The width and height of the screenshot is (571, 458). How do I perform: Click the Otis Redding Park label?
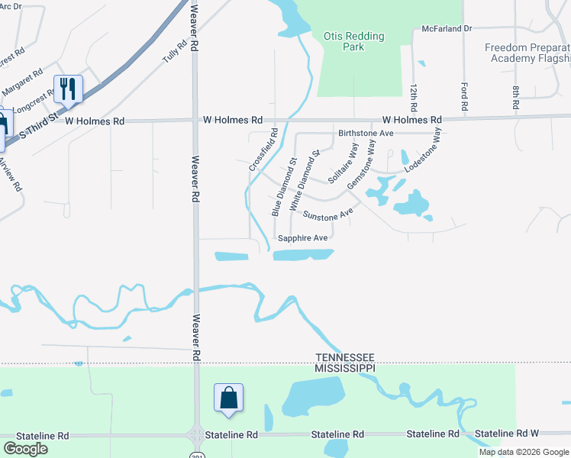pos(353,41)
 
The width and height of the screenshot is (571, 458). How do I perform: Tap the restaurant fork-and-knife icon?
pos(68,89)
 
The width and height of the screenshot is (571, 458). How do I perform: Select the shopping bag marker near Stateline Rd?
pos(228,398)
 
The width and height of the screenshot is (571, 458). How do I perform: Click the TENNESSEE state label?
pos(347,357)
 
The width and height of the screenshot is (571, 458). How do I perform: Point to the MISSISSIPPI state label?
pos(347,368)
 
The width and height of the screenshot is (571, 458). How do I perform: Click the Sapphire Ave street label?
pos(303,238)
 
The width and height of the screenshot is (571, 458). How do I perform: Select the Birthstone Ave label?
pos(366,133)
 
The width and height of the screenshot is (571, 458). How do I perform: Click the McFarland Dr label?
pos(447,28)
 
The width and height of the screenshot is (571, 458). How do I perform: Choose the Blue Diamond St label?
pos(284,187)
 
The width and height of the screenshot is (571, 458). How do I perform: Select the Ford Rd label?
pos(464,95)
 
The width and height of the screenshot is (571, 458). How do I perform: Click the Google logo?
pos(25,449)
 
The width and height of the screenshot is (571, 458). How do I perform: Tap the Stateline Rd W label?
pos(507,434)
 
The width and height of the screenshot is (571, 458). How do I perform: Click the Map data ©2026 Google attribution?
pos(524,452)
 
